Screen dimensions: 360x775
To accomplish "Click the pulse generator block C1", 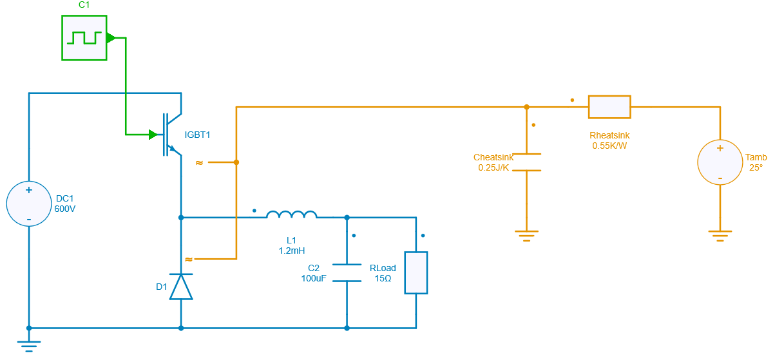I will [84, 38].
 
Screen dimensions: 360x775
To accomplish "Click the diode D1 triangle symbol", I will [181, 287].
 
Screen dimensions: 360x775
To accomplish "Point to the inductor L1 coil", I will [292, 214].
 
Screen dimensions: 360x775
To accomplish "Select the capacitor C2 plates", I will [347, 272].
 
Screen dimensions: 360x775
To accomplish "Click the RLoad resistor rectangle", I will [416, 273].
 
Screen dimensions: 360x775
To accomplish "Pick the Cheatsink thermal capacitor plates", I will [527, 162].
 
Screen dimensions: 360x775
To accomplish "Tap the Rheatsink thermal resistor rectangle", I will [609, 107].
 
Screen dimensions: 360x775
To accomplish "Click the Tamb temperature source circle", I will [720, 162].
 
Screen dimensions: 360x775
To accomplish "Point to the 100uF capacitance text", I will [314, 278].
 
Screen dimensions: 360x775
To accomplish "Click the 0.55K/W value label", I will [609, 146].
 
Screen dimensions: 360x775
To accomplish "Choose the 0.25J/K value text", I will [493, 167].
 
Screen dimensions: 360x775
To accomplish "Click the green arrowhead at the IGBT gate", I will [153, 135].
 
